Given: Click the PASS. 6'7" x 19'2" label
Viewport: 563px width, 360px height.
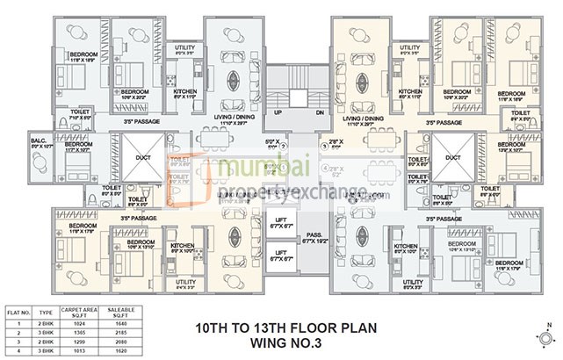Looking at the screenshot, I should (314, 237).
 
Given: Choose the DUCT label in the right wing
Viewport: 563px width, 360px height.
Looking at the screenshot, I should (452, 159).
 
